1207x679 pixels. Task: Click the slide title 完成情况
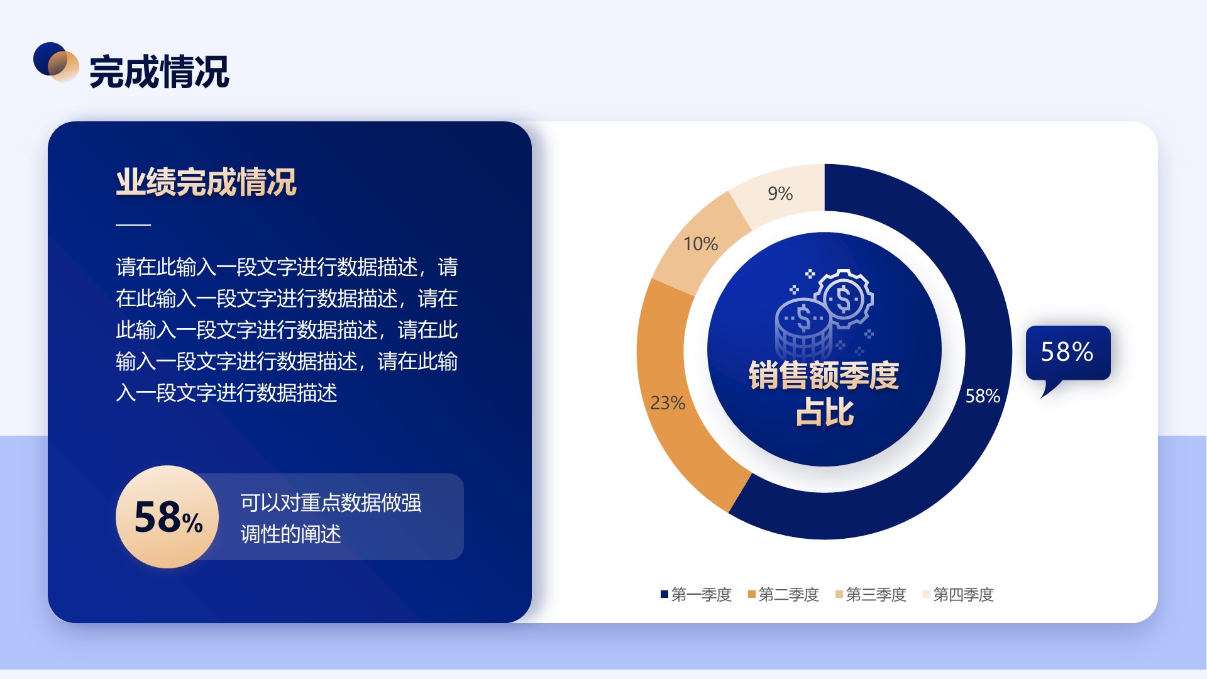(159, 72)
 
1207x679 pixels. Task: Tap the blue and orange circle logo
(56, 62)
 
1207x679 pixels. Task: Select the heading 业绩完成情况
(206, 182)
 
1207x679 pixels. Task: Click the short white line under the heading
(133, 224)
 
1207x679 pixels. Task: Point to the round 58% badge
(167, 517)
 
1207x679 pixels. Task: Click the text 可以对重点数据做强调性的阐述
(331, 518)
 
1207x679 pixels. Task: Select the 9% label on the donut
(780, 194)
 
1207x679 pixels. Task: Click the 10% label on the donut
(700, 244)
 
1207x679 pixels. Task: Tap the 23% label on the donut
(668, 403)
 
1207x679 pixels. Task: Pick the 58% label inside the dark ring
(983, 396)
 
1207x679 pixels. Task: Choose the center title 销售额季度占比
(824, 394)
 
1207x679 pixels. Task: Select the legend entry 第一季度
(696, 595)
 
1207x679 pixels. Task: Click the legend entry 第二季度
(783, 595)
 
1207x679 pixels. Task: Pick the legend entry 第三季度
(871, 595)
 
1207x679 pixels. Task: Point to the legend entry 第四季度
(958, 595)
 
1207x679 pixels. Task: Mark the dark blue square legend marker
(664, 595)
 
